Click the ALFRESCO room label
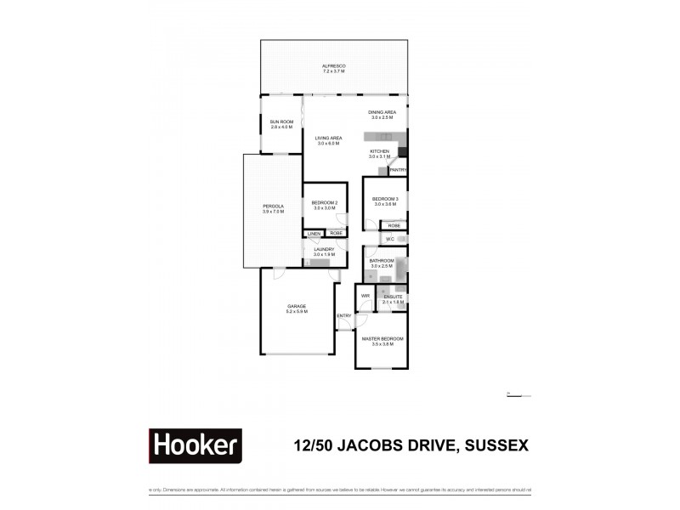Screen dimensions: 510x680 pyautogui.click(x=333, y=68)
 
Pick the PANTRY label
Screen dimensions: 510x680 pyautogui.click(x=397, y=171)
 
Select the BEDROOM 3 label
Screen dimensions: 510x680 pyautogui.click(x=385, y=201)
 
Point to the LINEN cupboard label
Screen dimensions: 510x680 pyautogui.click(x=314, y=233)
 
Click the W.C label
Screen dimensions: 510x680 pyautogui.click(x=389, y=240)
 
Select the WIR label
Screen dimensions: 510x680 pyautogui.click(x=365, y=296)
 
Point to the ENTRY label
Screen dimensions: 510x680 pyautogui.click(x=344, y=316)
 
